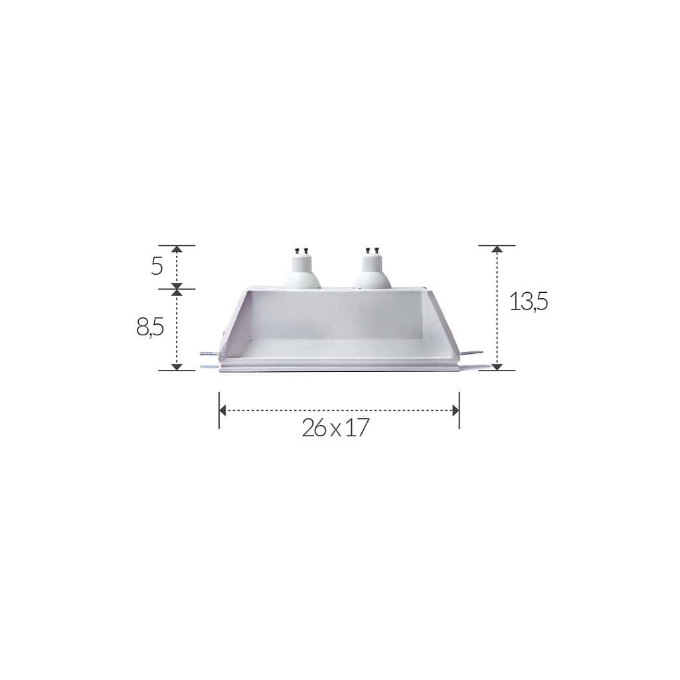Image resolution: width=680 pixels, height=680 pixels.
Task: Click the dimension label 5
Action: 157,266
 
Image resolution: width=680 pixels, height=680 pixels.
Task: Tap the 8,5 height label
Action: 150,327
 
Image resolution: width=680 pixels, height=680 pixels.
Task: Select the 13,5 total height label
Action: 529,301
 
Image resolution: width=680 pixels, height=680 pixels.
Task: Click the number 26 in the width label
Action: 314,428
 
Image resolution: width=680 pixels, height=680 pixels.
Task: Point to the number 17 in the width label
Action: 357,428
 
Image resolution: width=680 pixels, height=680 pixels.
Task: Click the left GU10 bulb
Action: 301,270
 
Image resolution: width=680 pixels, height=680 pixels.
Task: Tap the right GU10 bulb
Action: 372,269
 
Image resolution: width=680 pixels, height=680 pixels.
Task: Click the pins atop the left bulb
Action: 301,250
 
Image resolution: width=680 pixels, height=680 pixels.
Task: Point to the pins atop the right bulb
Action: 372,250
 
